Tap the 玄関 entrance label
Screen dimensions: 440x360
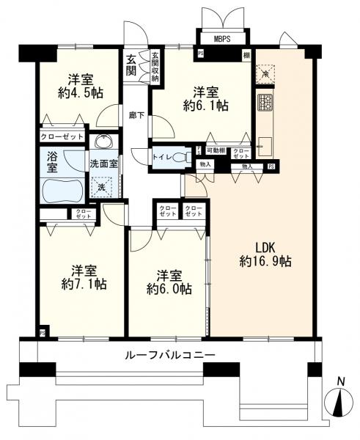[131, 65]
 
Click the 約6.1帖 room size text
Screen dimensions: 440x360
[205, 106]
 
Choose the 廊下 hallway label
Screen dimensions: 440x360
[136, 115]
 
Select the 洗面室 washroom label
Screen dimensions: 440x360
[104, 163]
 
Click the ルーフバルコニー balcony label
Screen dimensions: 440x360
[169, 354]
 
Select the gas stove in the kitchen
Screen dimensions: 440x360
[265, 102]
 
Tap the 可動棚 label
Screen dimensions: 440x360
[215, 150]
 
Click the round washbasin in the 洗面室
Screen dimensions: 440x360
[103, 142]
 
